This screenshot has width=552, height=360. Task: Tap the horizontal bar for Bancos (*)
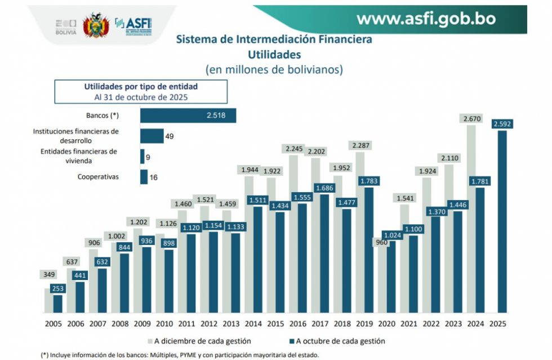click(188, 115)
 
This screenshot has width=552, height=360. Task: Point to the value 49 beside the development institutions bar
click(170, 136)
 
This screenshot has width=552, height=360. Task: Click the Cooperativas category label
click(98, 177)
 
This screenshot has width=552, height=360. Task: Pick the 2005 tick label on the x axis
click(53, 324)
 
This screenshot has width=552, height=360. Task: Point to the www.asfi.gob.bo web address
click(426, 19)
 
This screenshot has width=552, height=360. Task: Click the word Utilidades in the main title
click(274, 55)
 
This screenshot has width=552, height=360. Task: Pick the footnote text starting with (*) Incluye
click(180, 355)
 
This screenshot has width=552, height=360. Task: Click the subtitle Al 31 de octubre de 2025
click(141, 97)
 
